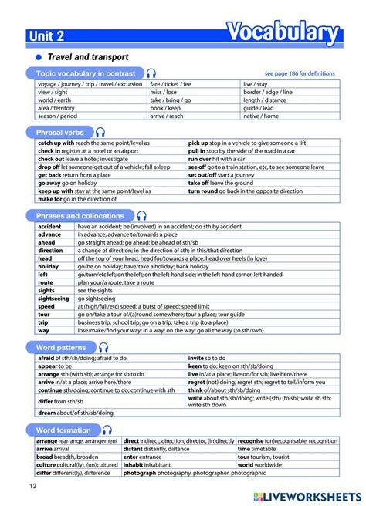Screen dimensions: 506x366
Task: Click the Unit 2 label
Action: click(x=48, y=35)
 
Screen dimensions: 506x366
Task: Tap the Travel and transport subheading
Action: click(x=88, y=57)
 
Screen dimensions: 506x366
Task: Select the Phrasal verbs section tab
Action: click(x=60, y=133)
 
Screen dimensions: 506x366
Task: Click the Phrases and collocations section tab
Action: click(x=80, y=216)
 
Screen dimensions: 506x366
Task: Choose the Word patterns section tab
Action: click(x=62, y=347)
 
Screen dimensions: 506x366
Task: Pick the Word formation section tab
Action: click(x=63, y=430)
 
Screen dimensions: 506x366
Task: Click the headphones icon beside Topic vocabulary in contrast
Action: click(x=151, y=73)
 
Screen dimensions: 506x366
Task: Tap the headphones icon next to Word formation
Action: click(x=107, y=430)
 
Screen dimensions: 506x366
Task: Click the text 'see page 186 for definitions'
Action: click(x=300, y=73)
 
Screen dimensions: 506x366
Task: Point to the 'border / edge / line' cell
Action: click(x=268, y=92)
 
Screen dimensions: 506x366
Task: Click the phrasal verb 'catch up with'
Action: click(x=56, y=143)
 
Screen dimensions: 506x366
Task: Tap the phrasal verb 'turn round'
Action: click(x=203, y=190)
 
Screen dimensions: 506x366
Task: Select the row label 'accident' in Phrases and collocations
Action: click(x=49, y=227)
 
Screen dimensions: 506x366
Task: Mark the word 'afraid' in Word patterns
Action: click(x=46, y=358)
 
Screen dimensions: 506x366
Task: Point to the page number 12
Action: click(x=32, y=485)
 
